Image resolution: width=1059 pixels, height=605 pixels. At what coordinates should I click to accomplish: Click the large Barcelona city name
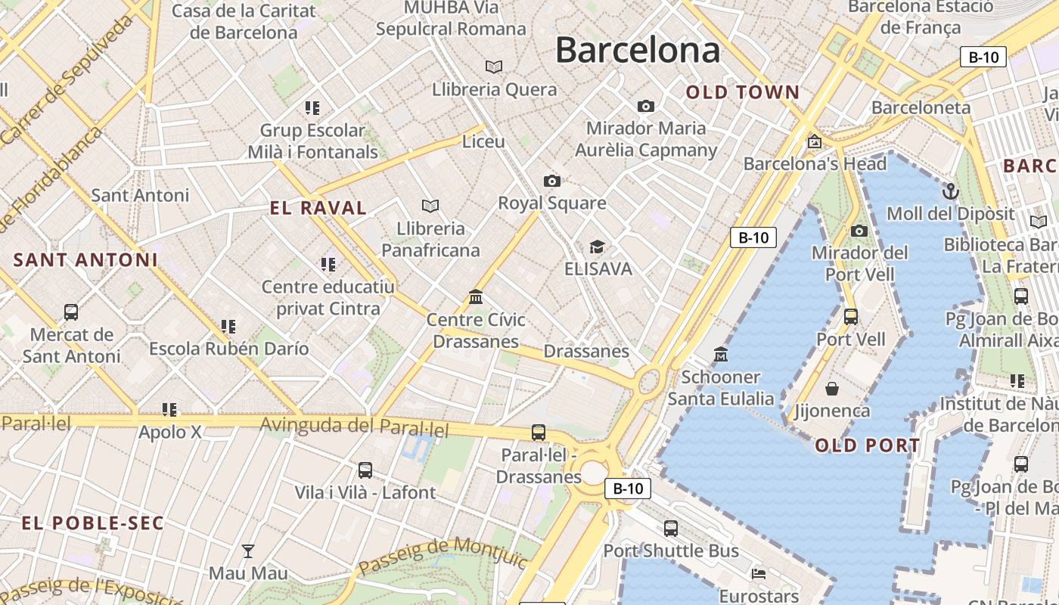(637, 50)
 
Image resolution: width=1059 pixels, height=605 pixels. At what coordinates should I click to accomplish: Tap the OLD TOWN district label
(742, 93)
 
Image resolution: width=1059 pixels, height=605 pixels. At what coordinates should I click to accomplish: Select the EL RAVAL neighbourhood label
(318, 208)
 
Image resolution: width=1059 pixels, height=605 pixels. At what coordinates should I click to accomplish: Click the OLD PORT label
(868, 445)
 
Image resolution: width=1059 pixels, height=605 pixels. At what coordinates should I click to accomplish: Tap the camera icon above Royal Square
(552, 181)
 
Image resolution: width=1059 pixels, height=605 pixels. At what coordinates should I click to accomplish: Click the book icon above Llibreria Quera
(494, 67)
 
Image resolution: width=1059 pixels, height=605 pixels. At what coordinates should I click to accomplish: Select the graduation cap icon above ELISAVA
(598, 247)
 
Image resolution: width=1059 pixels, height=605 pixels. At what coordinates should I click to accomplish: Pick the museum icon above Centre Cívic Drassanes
(476, 297)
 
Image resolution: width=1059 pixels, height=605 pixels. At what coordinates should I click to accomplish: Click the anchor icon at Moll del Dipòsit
(951, 191)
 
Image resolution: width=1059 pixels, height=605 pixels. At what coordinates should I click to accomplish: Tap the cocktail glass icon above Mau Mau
(247, 551)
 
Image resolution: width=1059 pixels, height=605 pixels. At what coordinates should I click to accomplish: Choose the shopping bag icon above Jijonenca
(832, 389)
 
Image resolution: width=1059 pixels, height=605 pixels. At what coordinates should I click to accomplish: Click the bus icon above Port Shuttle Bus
(670, 529)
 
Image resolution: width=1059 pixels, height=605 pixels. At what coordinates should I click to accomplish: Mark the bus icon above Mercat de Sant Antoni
(71, 312)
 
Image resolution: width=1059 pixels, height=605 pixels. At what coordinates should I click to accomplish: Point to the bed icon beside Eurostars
(759, 573)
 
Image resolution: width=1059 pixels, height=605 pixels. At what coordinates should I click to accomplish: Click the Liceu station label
(483, 141)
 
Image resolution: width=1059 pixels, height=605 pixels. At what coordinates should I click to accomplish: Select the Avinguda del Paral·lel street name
(354, 426)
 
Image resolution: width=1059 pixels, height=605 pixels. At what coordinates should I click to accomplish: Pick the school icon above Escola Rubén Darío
(228, 327)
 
